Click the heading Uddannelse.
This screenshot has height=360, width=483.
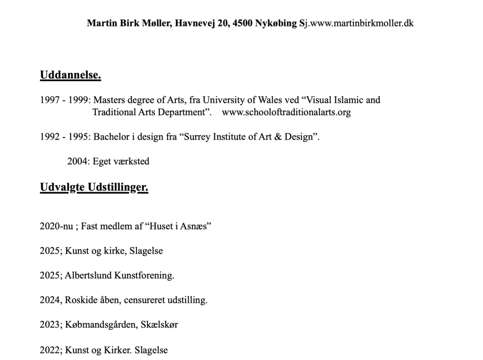pos(70,75)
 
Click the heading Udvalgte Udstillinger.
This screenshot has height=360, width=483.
pos(94,188)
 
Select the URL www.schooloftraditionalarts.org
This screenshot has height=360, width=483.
pos(286,113)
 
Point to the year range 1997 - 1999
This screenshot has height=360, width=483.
pos(65,100)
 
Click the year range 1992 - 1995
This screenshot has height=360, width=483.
pos(65,137)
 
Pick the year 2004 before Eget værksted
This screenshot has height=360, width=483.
pos(77,161)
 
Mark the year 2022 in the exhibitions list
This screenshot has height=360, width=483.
pos(50,350)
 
